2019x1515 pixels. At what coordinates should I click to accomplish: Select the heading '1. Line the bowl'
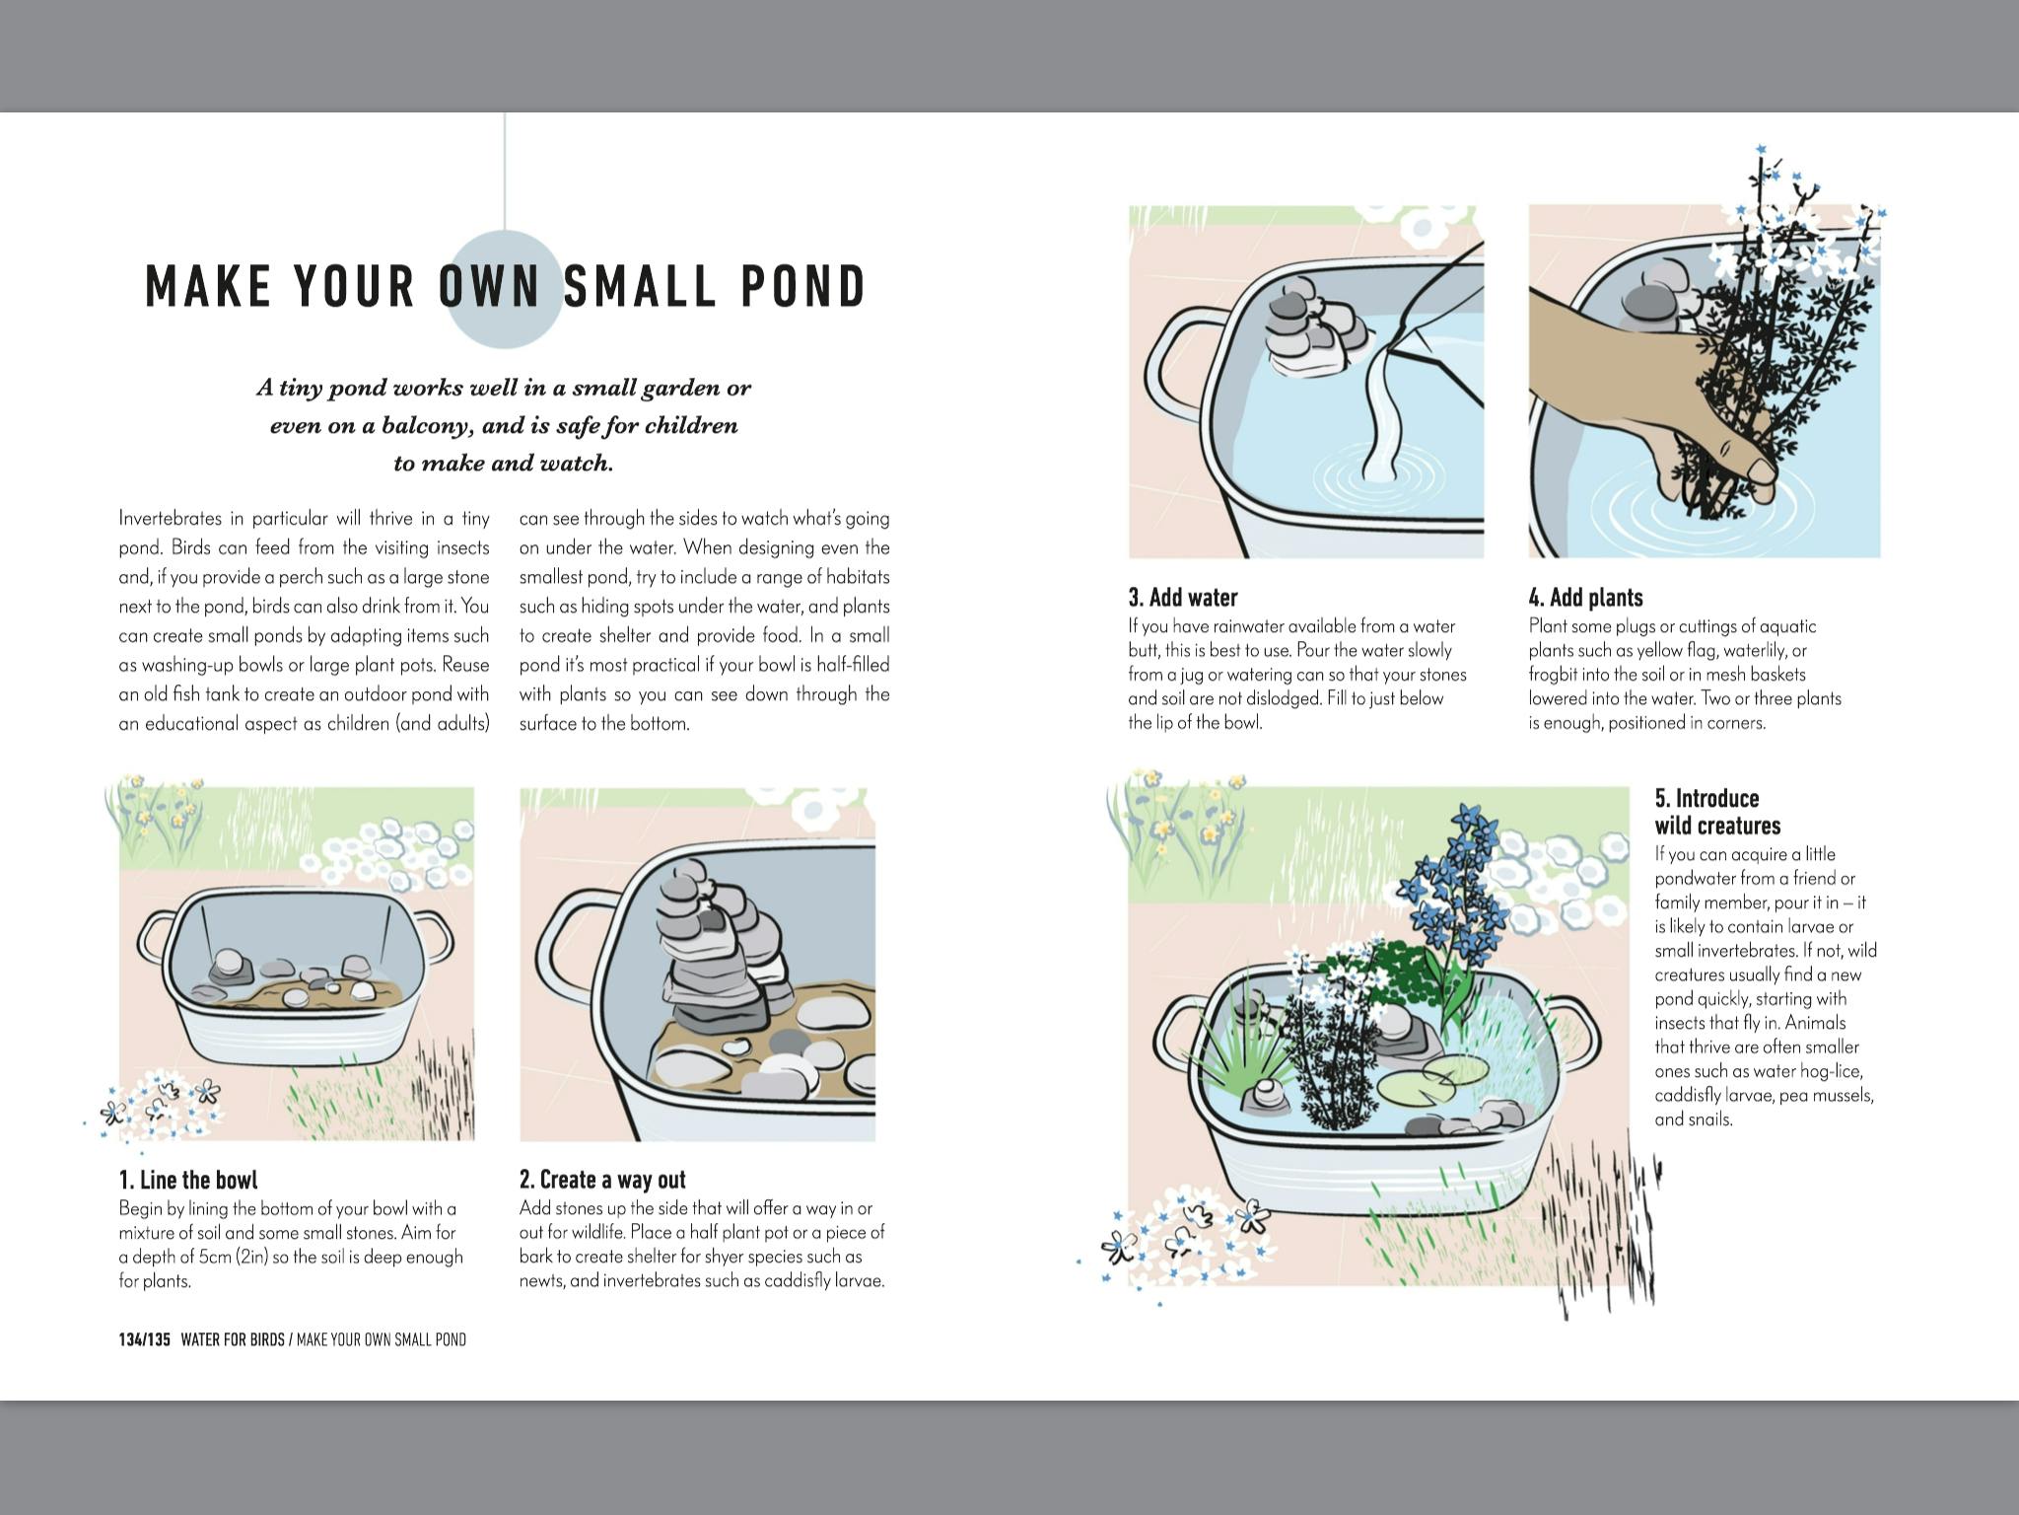tap(188, 1180)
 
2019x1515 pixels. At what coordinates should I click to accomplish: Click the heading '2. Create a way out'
tap(602, 1180)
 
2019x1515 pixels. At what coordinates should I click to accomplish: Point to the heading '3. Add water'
tap(1183, 598)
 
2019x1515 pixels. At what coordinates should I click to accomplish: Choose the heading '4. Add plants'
tap(1586, 598)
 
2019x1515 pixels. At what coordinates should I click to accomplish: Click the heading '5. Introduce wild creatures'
tap(1706, 812)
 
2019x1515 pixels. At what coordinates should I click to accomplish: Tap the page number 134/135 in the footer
tap(145, 1339)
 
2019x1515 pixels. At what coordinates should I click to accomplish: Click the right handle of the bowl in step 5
tap(1571, 1032)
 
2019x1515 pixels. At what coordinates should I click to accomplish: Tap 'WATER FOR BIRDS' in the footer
tap(233, 1339)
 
